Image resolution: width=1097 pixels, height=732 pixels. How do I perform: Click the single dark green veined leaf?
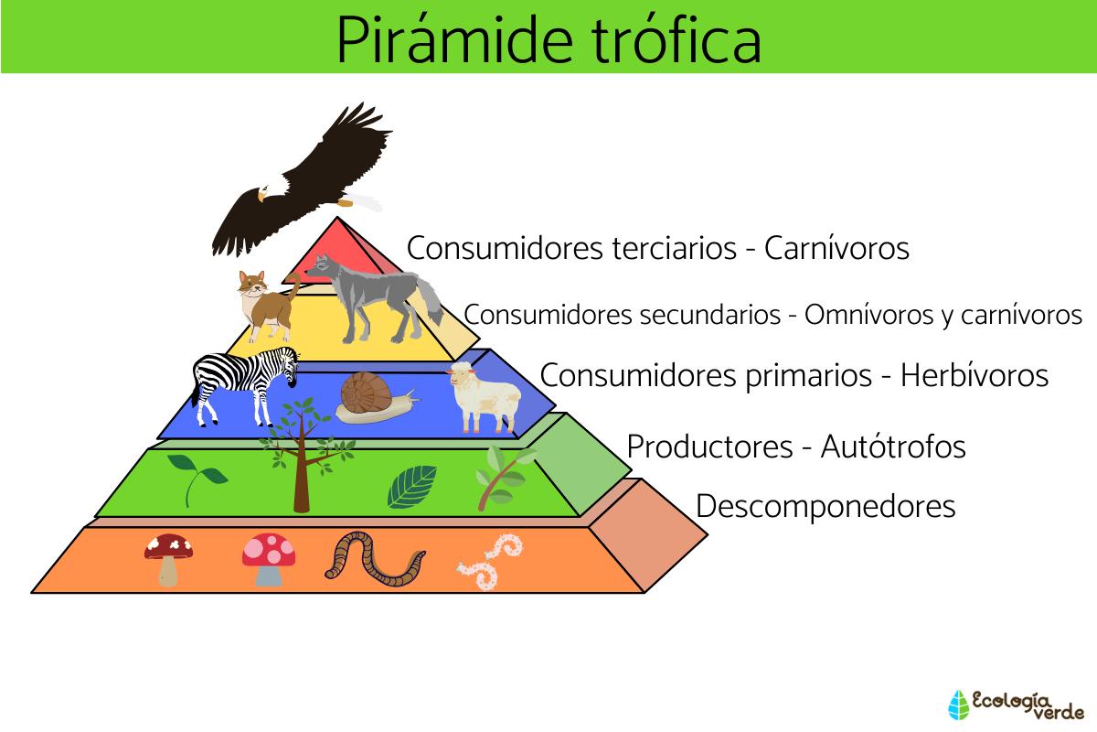click(411, 486)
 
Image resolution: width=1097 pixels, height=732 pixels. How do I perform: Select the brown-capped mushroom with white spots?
click(168, 559)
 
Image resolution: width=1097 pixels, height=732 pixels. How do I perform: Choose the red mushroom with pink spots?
click(269, 559)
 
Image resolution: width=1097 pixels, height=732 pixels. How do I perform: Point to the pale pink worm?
click(490, 562)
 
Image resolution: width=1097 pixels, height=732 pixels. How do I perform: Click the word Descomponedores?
click(825, 506)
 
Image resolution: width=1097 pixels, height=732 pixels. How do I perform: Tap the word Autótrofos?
click(893, 447)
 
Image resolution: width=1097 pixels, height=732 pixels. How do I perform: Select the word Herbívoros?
click(975, 375)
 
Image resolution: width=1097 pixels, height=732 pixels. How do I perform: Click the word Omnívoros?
click(868, 314)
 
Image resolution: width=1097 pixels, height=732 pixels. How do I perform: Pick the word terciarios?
click(675, 248)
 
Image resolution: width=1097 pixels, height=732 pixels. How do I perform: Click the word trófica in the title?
click(676, 39)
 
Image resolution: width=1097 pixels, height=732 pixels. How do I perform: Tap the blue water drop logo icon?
click(958, 705)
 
